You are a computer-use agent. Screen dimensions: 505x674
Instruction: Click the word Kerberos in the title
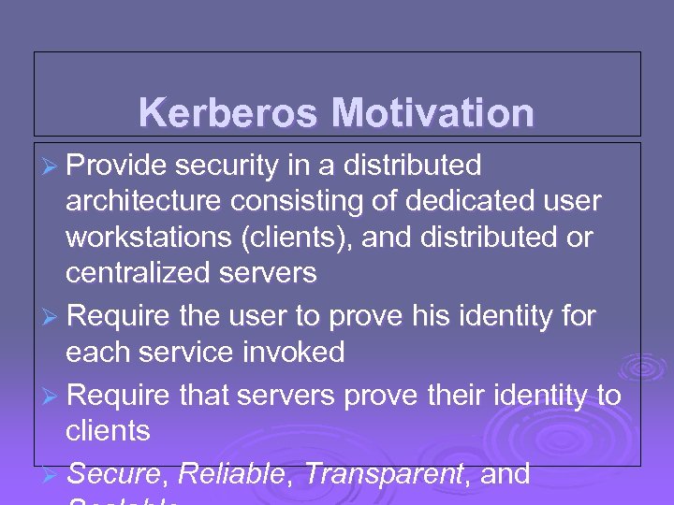pyautogui.click(x=229, y=114)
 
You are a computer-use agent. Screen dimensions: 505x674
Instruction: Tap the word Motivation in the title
pyautogui.click(x=432, y=114)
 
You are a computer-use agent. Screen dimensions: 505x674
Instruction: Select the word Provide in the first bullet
pyautogui.click(x=116, y=166)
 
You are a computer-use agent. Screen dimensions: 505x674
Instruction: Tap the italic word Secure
pyautogui.click(x=115, y=474)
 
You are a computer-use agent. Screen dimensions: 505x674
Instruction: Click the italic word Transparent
pyautogui.click(x=384, y=474)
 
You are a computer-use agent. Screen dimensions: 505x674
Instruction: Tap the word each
pyautogui.click(x=93, y=353)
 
